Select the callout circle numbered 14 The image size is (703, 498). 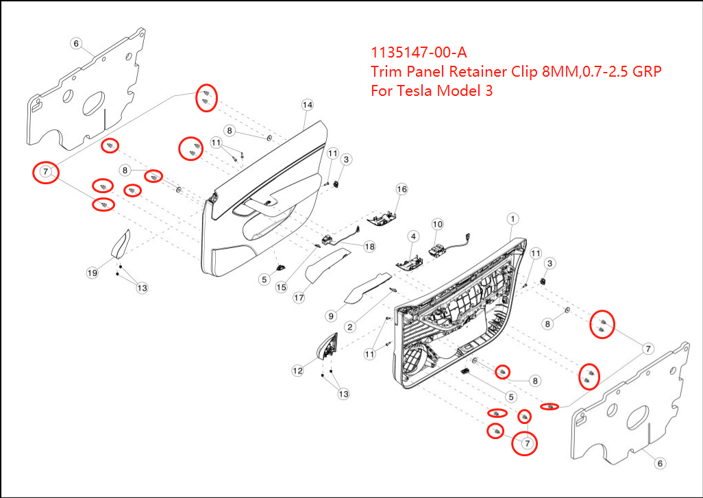coord(307,105)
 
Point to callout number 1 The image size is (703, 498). coord(511,219)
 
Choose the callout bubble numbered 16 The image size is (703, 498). coord(402,189)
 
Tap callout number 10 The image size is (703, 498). coord(437,224)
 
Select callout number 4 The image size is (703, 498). coord(413,236)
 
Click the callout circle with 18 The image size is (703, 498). coord(369,246)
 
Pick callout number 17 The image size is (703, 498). coord(299,298)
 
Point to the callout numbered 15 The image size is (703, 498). coord(281,288)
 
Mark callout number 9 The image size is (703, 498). coord(331,316)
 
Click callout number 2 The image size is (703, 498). coord(349,327)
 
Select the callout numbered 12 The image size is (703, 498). coord(297,371)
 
